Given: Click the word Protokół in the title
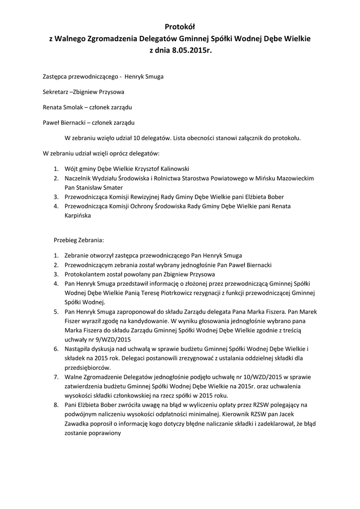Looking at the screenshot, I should (x=180, y=27).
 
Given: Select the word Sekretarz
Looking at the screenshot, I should (x=55, y=92).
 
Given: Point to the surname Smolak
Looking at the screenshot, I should (x=74, y=107).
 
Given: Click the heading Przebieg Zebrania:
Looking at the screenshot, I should (x=79, y=240).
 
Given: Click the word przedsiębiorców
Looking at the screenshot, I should (x=88, y=368).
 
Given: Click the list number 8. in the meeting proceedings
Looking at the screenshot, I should (x=56, y=406).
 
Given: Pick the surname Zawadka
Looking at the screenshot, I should (x=79, y=424).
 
